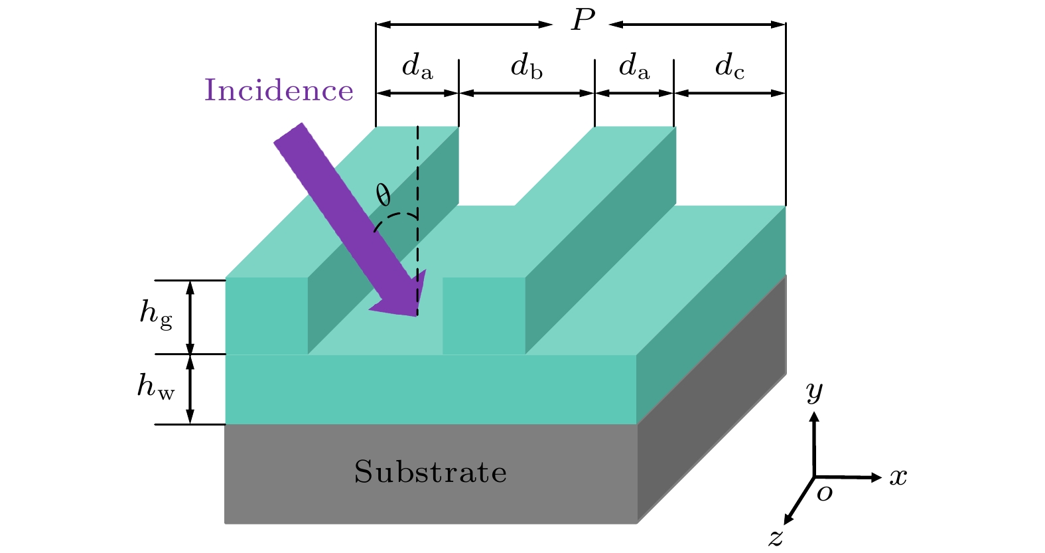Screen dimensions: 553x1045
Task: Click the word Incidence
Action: click(x=279, y=90)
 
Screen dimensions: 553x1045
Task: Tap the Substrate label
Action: click(x=430, y=472)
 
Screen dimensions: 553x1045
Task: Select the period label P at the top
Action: click(x=582, y=21)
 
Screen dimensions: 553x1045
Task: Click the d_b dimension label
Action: click(x=526, y=66)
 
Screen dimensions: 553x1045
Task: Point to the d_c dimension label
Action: click(x=729, y=66)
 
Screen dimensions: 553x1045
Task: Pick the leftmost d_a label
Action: click(x=417, y=66)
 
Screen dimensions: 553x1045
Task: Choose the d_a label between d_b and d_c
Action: click(x=634, y=66)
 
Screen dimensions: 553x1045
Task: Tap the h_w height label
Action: click(x=155, y=386)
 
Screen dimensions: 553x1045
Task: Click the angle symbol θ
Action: click(x=383, y=195)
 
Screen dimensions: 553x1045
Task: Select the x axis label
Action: click(x=898, y=477)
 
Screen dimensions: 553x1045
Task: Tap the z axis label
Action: click(x=775, y=536)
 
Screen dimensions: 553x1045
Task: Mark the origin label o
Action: click(x=825, y=493)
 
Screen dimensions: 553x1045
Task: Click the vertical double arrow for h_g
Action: click(x=190, y=317)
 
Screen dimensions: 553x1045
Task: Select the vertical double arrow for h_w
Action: click(x=190, y=389)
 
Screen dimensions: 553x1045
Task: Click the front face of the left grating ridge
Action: click(x=267, y=316)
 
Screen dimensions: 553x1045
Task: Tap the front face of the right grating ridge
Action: click(x=484, y=316)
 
